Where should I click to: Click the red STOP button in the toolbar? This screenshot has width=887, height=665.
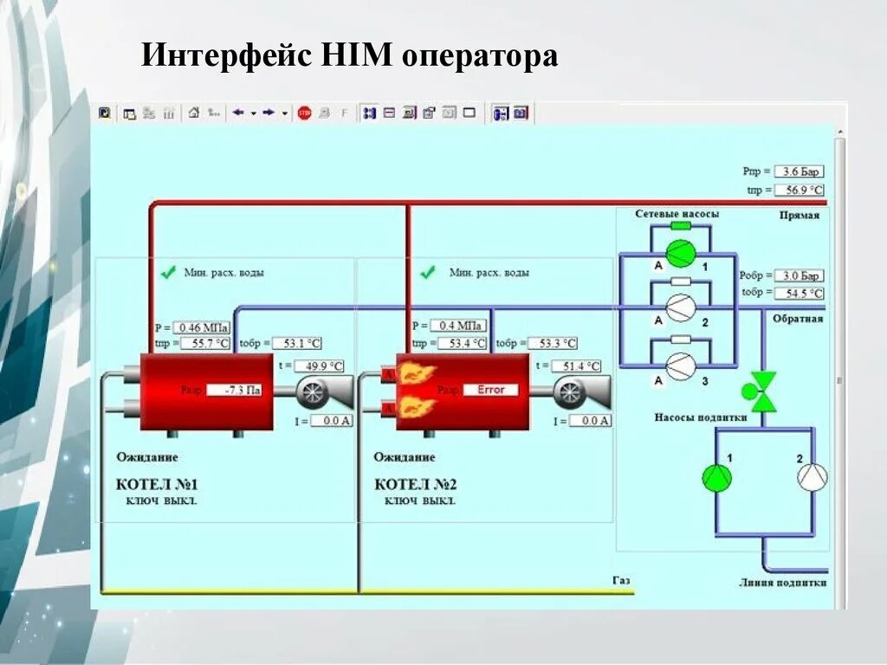(x=304, y=113)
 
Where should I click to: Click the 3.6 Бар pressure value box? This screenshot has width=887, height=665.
(x=799, y=171)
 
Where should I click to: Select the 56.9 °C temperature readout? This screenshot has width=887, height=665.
(x=799, y=190)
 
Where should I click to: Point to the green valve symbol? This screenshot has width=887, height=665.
(x=764, y=391)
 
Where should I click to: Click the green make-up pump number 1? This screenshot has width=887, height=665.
(x=716, y=477)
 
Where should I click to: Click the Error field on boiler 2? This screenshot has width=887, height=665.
(x=490, y=390)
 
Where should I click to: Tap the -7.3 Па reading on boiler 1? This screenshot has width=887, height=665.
(x=241, y=390)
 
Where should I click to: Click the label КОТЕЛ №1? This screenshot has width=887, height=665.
(x=157, y=484)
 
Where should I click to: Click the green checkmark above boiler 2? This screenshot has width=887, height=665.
(x=427, y=273)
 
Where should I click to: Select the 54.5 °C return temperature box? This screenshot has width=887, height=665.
(x=799, y=294)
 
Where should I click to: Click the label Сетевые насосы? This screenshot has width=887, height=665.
(x=677, y=213)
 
